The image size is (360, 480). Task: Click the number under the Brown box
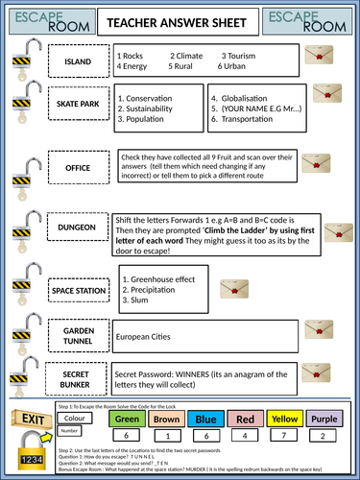point(167,435)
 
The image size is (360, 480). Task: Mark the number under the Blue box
point(206,435)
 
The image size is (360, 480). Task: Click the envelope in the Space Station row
point(233,288)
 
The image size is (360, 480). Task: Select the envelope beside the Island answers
point(315,57)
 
